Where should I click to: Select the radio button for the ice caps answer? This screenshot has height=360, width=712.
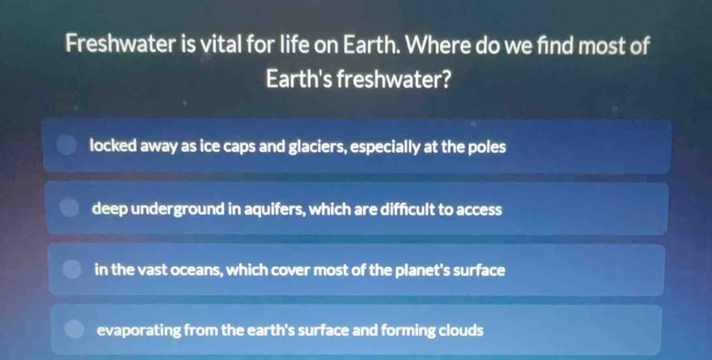(x=67, y=145)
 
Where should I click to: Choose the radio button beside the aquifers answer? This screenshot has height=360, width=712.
(x=70, y=208)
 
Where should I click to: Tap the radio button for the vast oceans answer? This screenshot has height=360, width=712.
(x=72, y=269)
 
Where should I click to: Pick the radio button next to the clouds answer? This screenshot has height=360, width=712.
(x=75, y=329)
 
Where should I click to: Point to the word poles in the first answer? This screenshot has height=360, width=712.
(x=487, y=147)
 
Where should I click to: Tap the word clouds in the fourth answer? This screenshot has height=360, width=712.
(x=461, y=330)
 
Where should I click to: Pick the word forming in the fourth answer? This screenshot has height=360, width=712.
(x=408, y=330)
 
